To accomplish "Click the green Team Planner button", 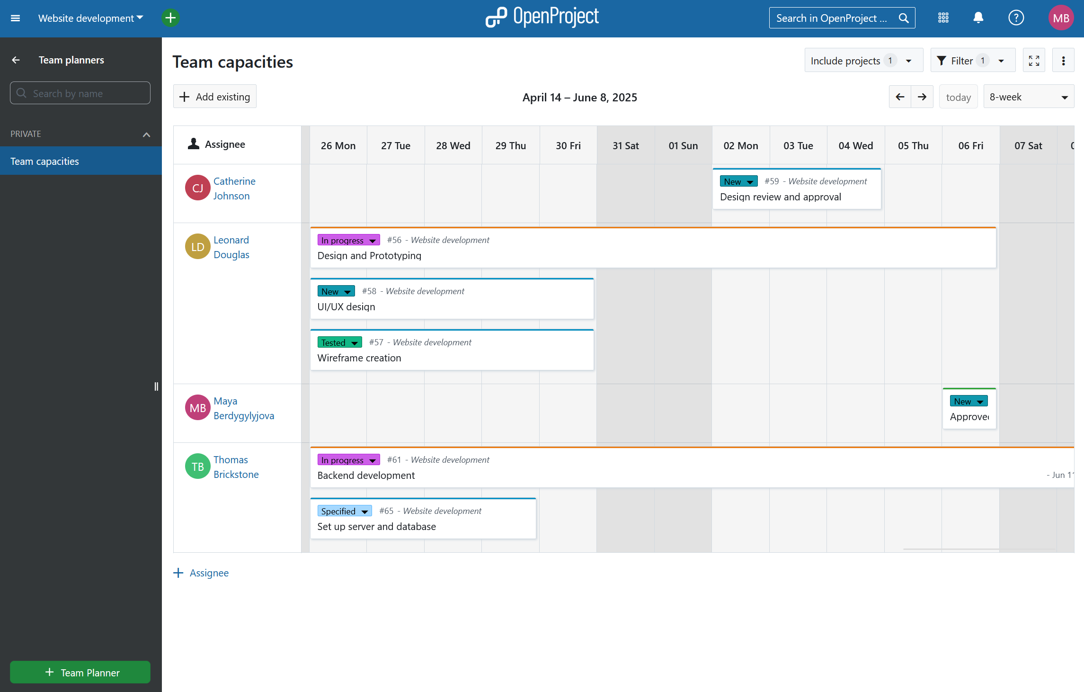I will [80, 672].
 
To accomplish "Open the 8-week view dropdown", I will [1028, 97].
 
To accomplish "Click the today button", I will [958, 97].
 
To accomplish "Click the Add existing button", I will [215, 97].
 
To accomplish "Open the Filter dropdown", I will [972, 61].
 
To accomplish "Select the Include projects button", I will [863, 61].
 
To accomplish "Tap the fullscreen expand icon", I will [1034, 61].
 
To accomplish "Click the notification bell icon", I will [978, 18].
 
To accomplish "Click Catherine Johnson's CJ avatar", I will [197, 188].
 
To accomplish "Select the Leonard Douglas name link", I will [231, 247].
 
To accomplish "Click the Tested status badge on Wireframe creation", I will [339, 342].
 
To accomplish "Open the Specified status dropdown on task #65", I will [344, 511].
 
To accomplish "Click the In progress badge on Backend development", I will [348, 460].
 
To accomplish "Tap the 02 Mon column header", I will [740, 146].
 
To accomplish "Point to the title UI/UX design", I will [346, 307].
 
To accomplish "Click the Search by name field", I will [80, 93].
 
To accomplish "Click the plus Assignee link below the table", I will [201, 573].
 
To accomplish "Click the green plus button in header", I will [170, 18].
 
